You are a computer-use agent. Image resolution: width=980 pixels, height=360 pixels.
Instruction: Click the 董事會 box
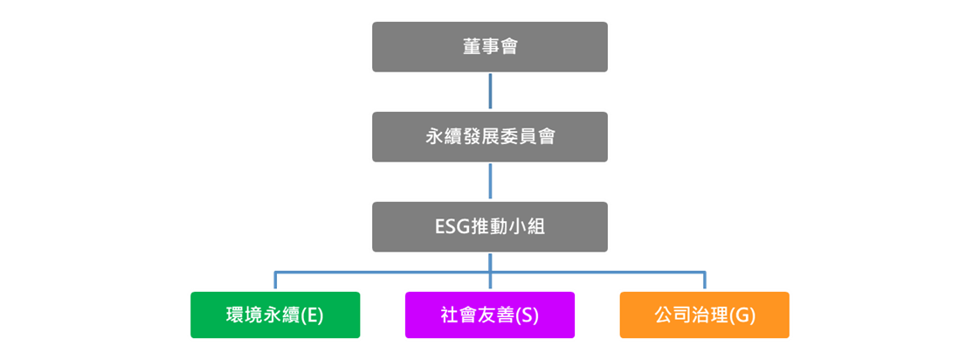point(490,46)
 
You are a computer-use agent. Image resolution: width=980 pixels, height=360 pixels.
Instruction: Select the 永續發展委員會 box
point(490,136)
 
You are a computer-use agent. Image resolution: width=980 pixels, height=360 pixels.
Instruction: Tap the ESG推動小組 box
point(490,226)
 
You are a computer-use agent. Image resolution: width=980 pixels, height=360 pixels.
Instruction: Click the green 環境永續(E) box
point(275,315)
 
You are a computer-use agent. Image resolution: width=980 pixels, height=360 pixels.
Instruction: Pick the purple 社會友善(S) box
point(490,315)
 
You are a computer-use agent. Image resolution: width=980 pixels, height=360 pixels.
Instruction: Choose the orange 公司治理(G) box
point(705,315)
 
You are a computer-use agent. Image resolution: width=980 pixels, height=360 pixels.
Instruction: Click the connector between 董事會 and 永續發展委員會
point(490,92)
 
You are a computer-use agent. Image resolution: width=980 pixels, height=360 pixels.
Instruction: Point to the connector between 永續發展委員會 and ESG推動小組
point(490,182)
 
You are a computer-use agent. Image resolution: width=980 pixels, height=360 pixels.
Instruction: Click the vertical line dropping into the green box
point(275,280)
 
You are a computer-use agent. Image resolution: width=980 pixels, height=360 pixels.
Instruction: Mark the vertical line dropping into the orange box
point(705,280)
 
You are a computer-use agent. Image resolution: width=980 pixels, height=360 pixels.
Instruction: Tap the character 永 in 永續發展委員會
point(434,137)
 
